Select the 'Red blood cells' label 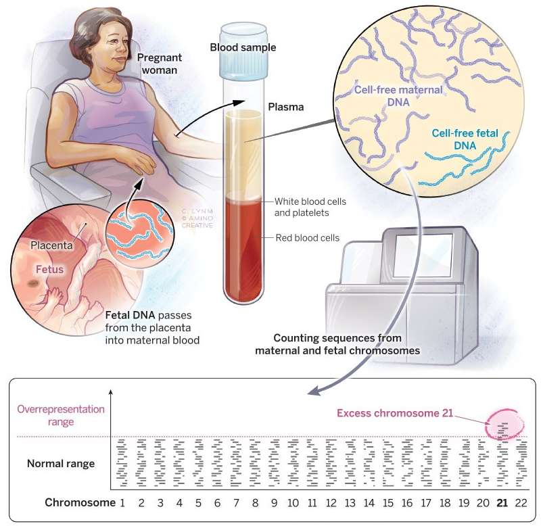pos(307,237)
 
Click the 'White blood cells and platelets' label pos(311,208)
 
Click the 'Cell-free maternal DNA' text pos(400,95)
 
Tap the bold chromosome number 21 pos(502,502)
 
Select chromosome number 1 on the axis pos(123,502)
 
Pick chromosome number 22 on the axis pos(520,502)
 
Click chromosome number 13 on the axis pos(350,502)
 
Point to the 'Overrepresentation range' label pos(61,415)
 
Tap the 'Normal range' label pos(61,464)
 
